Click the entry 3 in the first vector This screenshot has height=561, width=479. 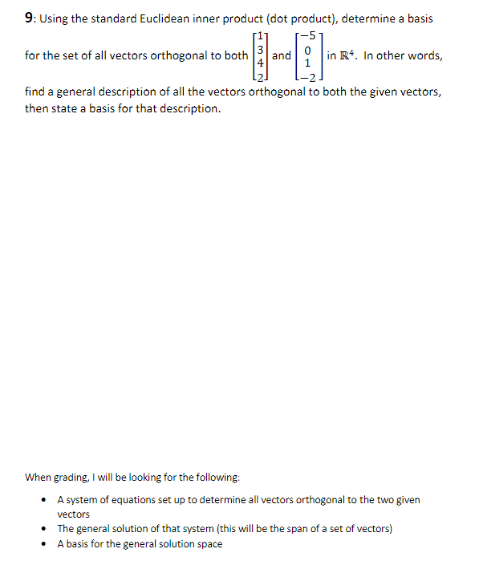click(x=258, y=50)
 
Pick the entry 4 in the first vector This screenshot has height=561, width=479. click(x=258, y=61)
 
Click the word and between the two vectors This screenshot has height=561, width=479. click(x=282, y=55)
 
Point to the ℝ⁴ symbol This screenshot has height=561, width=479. click(x=350, y=55)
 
